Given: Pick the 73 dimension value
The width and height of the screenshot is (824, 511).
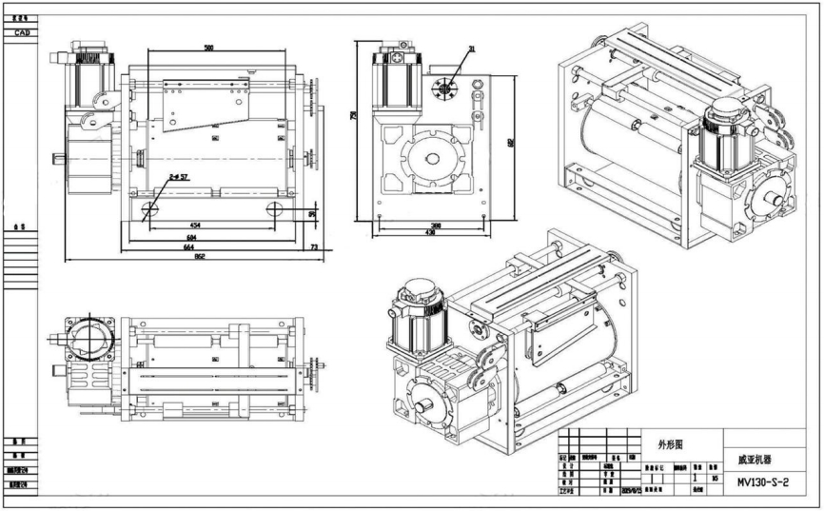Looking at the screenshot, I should click(315, 247).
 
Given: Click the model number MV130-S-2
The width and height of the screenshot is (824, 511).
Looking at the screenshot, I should click(763, 482).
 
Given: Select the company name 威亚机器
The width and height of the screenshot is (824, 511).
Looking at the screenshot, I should click(755, 458).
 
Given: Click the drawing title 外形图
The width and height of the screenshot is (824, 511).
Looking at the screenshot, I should click(670, 443).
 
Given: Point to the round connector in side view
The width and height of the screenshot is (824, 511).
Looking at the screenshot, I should click(444, 88).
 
